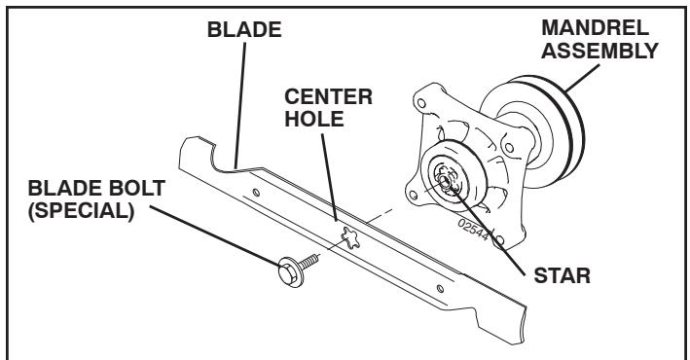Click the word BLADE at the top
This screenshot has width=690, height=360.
(x=244, y=30)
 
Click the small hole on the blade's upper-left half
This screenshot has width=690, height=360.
(x=256, y=194)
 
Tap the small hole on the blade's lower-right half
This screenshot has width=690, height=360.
(x=443, y=287)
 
